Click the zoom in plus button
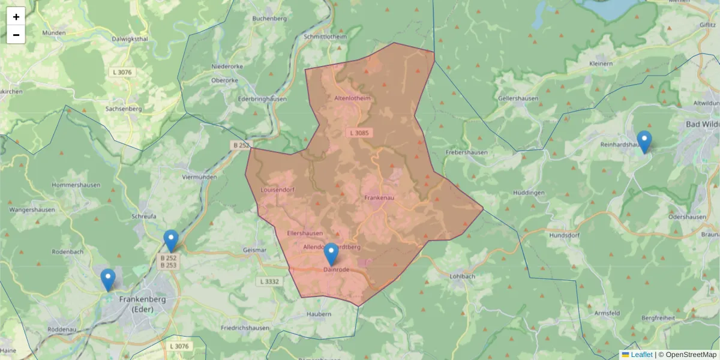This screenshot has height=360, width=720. (x=16, y=17)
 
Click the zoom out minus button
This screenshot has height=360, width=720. (x=16, y=35)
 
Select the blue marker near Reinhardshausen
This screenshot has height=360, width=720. (x=644, y=142)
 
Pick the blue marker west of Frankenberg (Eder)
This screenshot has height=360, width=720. (x=108, y=280)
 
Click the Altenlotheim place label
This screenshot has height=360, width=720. (x=352, y=98)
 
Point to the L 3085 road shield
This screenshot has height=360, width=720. (x=360, y=132)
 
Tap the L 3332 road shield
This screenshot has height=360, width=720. (x=271, y=281)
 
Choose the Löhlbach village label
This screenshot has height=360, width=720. (x=462, y=277)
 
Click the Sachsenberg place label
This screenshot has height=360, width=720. (x=123, y=109)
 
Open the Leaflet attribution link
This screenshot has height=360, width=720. (x=641, y=355)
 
